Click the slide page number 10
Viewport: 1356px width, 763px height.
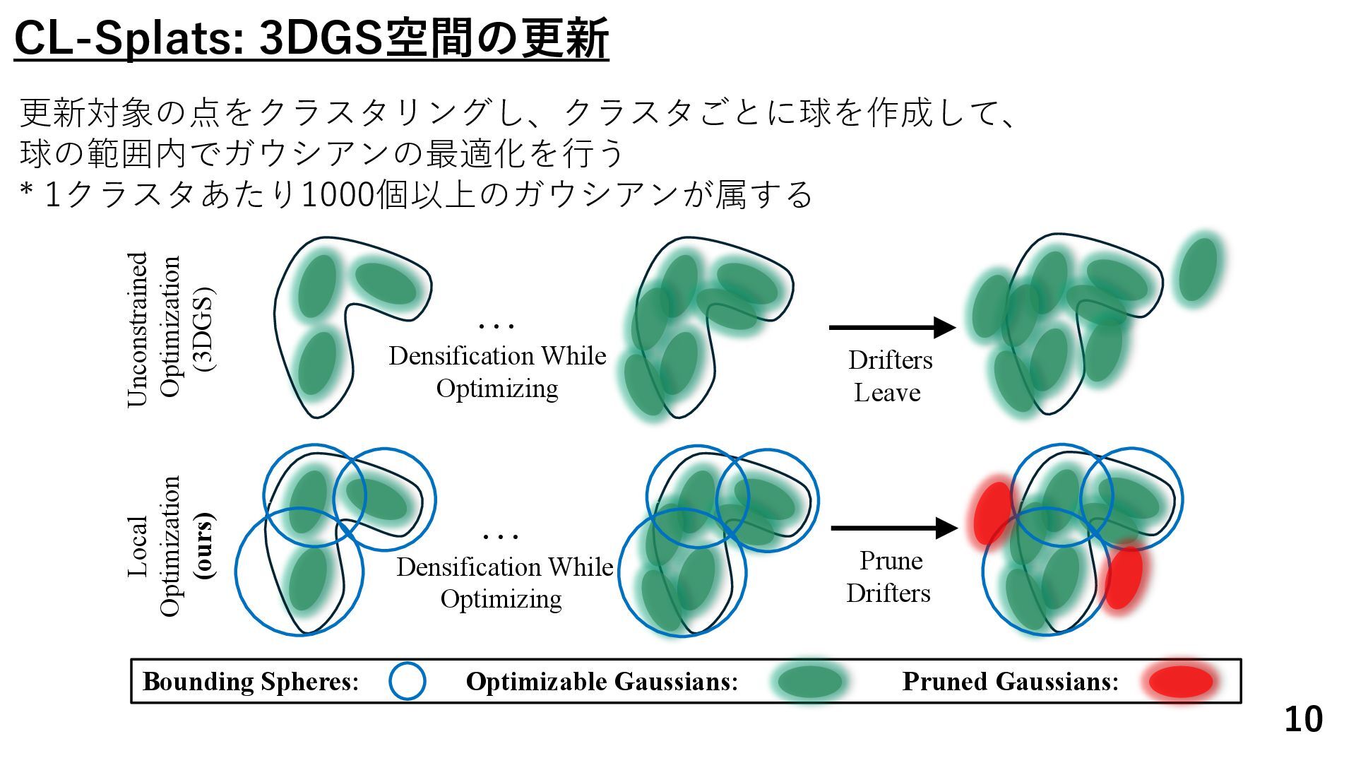tap(1303, 719)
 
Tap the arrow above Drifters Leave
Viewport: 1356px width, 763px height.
tap(891, 327)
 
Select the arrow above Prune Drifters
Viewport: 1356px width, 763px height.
tap(893, 528)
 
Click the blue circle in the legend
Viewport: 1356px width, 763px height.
tap(408, 681)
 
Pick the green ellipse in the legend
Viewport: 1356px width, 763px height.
tap(810, 682)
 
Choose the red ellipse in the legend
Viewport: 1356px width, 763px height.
tap(1180, 682)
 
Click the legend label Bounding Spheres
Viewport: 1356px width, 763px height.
tap(251, 682)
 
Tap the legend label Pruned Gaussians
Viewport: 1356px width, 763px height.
tap(1010, 682)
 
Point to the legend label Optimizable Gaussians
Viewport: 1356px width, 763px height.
tap(602, 682)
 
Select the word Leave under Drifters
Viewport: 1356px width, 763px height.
tap(887, 393)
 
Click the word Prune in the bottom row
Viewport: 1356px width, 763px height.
tap(891, 561)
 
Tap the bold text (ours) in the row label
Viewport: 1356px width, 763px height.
tap(206, 545)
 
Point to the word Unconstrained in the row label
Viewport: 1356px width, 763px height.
tap(138, 329)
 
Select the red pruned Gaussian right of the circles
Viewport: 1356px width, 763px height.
tap(1122, 576)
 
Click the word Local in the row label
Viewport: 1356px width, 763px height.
tap(138, 546)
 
